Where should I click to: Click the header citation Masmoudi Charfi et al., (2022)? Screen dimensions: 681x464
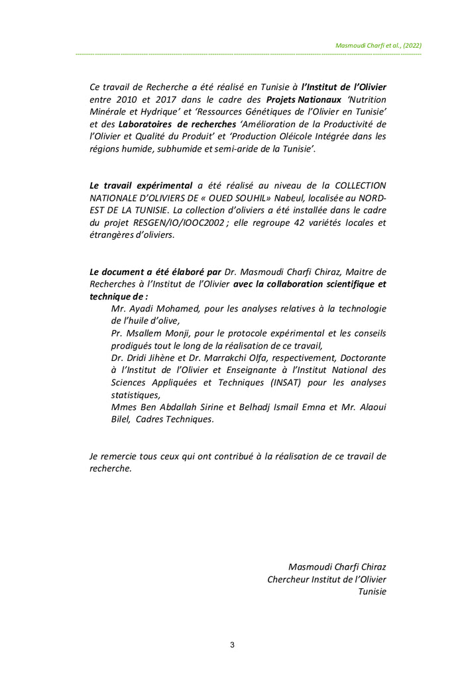[379, 46]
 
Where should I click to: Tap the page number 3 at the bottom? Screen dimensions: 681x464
[232, 645]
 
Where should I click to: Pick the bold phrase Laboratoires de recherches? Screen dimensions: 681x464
[177, 125]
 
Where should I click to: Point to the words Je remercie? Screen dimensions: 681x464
[113, 456]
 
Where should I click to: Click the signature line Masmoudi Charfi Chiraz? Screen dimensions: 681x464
[337, 567]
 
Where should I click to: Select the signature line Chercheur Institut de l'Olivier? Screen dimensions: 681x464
[327, 580]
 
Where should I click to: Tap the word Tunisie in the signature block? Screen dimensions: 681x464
[372, 592]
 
